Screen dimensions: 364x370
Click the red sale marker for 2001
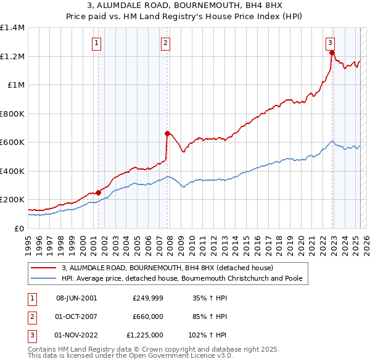pyautogui.click(x=98, y=193)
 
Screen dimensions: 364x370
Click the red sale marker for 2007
pyautogui.click(x=167, y=133)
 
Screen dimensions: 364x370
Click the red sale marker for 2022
pyautogui.click(x=332, y=52)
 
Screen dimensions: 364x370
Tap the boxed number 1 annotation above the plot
pyautogui.click(x=97, y=43)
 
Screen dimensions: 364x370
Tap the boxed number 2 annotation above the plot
pyautogui.click(x=166, y=43)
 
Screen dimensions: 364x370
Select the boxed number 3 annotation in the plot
pyautogui.click(x=331, y=43)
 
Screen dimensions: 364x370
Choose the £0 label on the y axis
pyautogui.click(x=18, y=228)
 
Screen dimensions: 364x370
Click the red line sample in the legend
pyautogui.click(x=44, y=268)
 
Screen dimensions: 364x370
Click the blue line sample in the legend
pyautogui.click(x=44, y=278)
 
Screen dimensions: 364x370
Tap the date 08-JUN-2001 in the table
pyautogui.click(x=76, y=297)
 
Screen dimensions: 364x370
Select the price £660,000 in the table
pyautogui.click(x=148, y=316)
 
